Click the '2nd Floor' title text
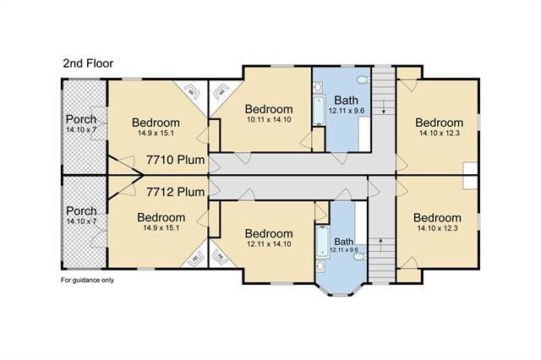pos(89,63)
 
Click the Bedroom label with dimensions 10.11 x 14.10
pos(269,109)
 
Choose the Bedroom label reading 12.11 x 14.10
pos(269,234)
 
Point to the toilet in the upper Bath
pos(362,80)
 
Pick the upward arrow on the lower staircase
pos(382,243)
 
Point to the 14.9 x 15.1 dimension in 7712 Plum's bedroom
pos(161,228)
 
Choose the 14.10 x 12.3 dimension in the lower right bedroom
pos(438,228)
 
